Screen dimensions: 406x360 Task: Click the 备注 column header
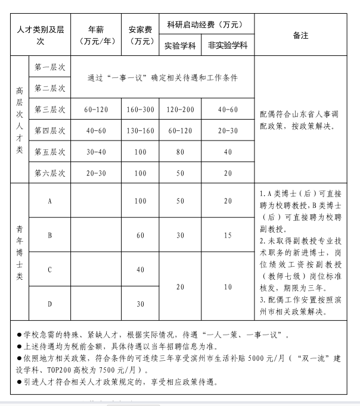coord(300,35)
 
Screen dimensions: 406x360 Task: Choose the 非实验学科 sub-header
coord(228,45)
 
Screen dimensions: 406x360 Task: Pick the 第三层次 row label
coord(50,110)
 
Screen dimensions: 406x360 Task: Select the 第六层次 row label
coord(50,173)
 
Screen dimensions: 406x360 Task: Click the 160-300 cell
coord(140,110)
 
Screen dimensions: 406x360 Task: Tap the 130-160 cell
coord(140,130)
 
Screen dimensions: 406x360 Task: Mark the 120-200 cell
coord(180,110)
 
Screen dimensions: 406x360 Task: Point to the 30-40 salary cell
coord(97,152)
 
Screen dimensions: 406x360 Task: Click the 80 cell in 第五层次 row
coord(180,152)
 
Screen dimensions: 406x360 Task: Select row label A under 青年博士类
coord(50,201)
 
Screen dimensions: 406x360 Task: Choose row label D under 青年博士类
coord(50,304)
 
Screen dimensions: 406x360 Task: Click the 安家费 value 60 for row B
coord(140,235)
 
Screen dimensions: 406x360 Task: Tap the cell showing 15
coord(228,235)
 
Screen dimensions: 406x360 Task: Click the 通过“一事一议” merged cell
coord(162,77)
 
